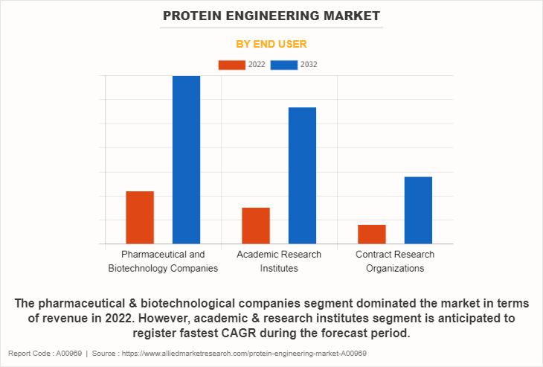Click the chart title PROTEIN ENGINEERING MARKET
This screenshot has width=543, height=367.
point(271,16)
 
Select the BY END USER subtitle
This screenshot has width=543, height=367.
point(271,44)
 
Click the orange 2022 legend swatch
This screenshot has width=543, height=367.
point(231,65)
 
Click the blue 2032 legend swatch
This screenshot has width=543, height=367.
point(284,65)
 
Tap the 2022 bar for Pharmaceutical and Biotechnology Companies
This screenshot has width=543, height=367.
point(140,217)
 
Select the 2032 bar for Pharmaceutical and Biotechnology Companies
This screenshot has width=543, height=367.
point(186,159)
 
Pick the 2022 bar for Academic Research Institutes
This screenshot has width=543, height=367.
point(256,226)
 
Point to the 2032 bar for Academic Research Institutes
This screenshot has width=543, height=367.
point(302,176)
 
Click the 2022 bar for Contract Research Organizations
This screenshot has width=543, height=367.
point(372,234)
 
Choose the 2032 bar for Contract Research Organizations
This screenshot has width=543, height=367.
point(418,210)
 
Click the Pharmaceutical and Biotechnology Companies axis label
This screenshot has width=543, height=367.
point(163,261)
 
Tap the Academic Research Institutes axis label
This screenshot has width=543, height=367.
point(279,261)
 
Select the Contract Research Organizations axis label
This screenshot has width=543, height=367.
point(395,261)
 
